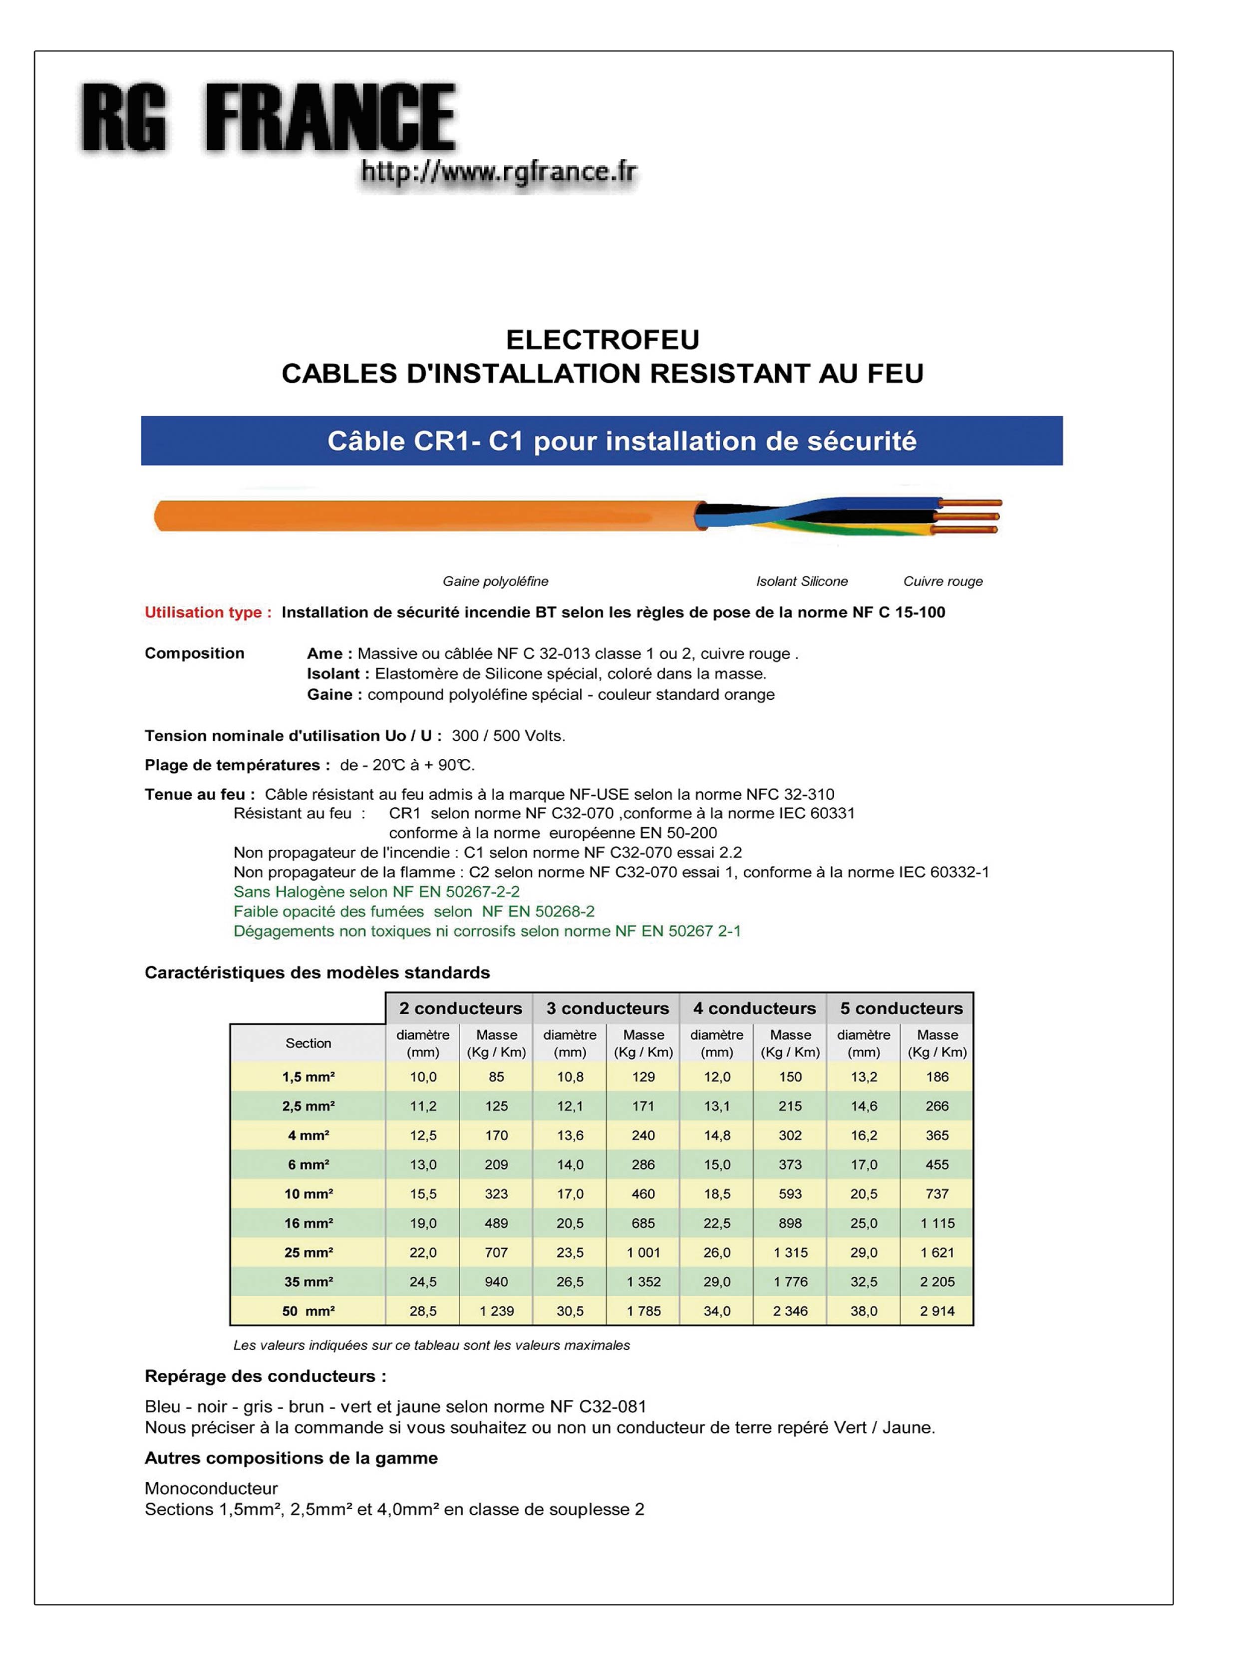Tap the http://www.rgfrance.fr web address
point(499,172)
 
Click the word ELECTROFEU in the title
point(602,340)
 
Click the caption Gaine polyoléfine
point(495,581)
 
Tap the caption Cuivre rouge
point(942,581)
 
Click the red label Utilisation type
point(208,612)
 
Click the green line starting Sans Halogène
point(376,891)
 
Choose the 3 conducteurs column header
point(607,1009)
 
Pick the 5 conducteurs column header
point(901,1009)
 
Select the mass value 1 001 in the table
point(643,1252)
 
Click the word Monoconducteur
point(211,1488)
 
